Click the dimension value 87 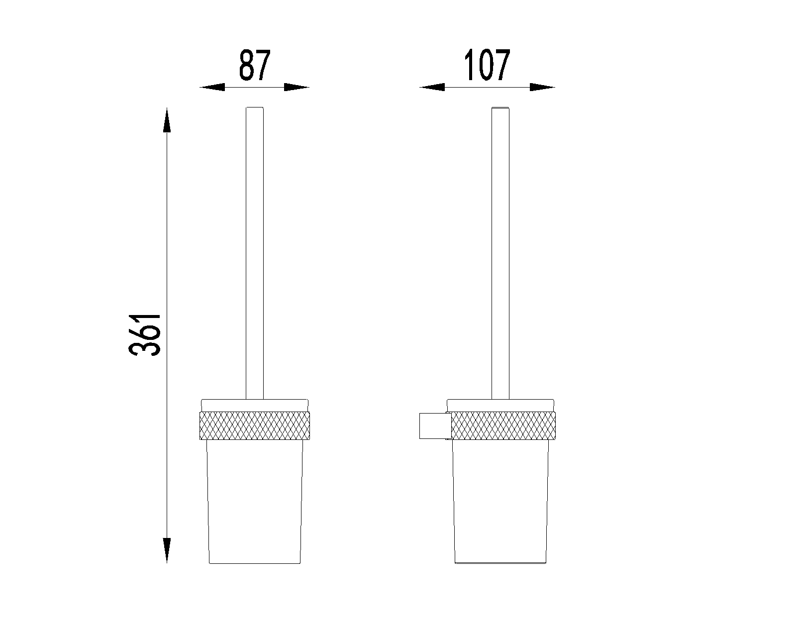pyautogui.click(x=255, y=65)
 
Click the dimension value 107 pyautogui.click(x=487, y=65)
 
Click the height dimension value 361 pyautogui.click(x=145, y=335)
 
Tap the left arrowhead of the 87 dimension pyautogui.click(x=212, y=88)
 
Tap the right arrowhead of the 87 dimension pyautogui.click(x=297, y=88)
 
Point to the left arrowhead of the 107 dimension pyautogui.click(x=432, y=88)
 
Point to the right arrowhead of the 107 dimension pyautogui.click(x=542, y=88)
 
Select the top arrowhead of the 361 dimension pyautogui.click(x=167, y=120)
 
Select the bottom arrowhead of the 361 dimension pyautogui.click(x=167, y=550)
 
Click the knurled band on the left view pyautogui.click(x=255, y=425)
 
